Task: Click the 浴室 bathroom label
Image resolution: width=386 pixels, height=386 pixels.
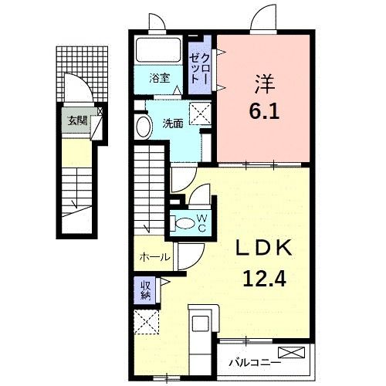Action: [x=161, y=78]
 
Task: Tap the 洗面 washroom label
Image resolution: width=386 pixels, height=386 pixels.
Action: [x=173, y=123]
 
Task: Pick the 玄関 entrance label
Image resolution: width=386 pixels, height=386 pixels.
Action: [x=76, y=120]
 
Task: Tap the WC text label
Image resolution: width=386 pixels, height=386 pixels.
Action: [x=201, y=223]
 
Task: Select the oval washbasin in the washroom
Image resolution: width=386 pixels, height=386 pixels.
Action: [x=143, y=127]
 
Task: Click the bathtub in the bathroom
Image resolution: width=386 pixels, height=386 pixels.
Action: [x=160, y=52]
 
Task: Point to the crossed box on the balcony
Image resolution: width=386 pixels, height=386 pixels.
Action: [x=296, y=354]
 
